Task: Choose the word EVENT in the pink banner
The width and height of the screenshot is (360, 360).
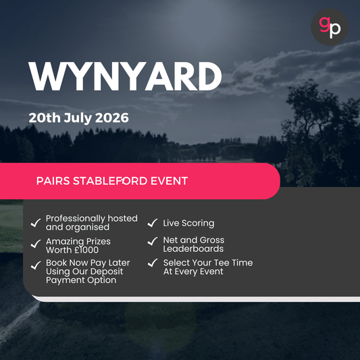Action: click(170, 181)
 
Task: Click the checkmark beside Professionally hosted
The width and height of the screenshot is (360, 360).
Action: click(35, 222)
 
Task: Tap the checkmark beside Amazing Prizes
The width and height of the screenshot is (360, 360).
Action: click(35, 244)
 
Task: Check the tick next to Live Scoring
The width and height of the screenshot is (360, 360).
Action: click(153, 223)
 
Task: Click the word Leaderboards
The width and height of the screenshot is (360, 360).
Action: click(193, 249)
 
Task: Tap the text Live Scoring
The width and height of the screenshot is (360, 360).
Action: click(188, 223)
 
